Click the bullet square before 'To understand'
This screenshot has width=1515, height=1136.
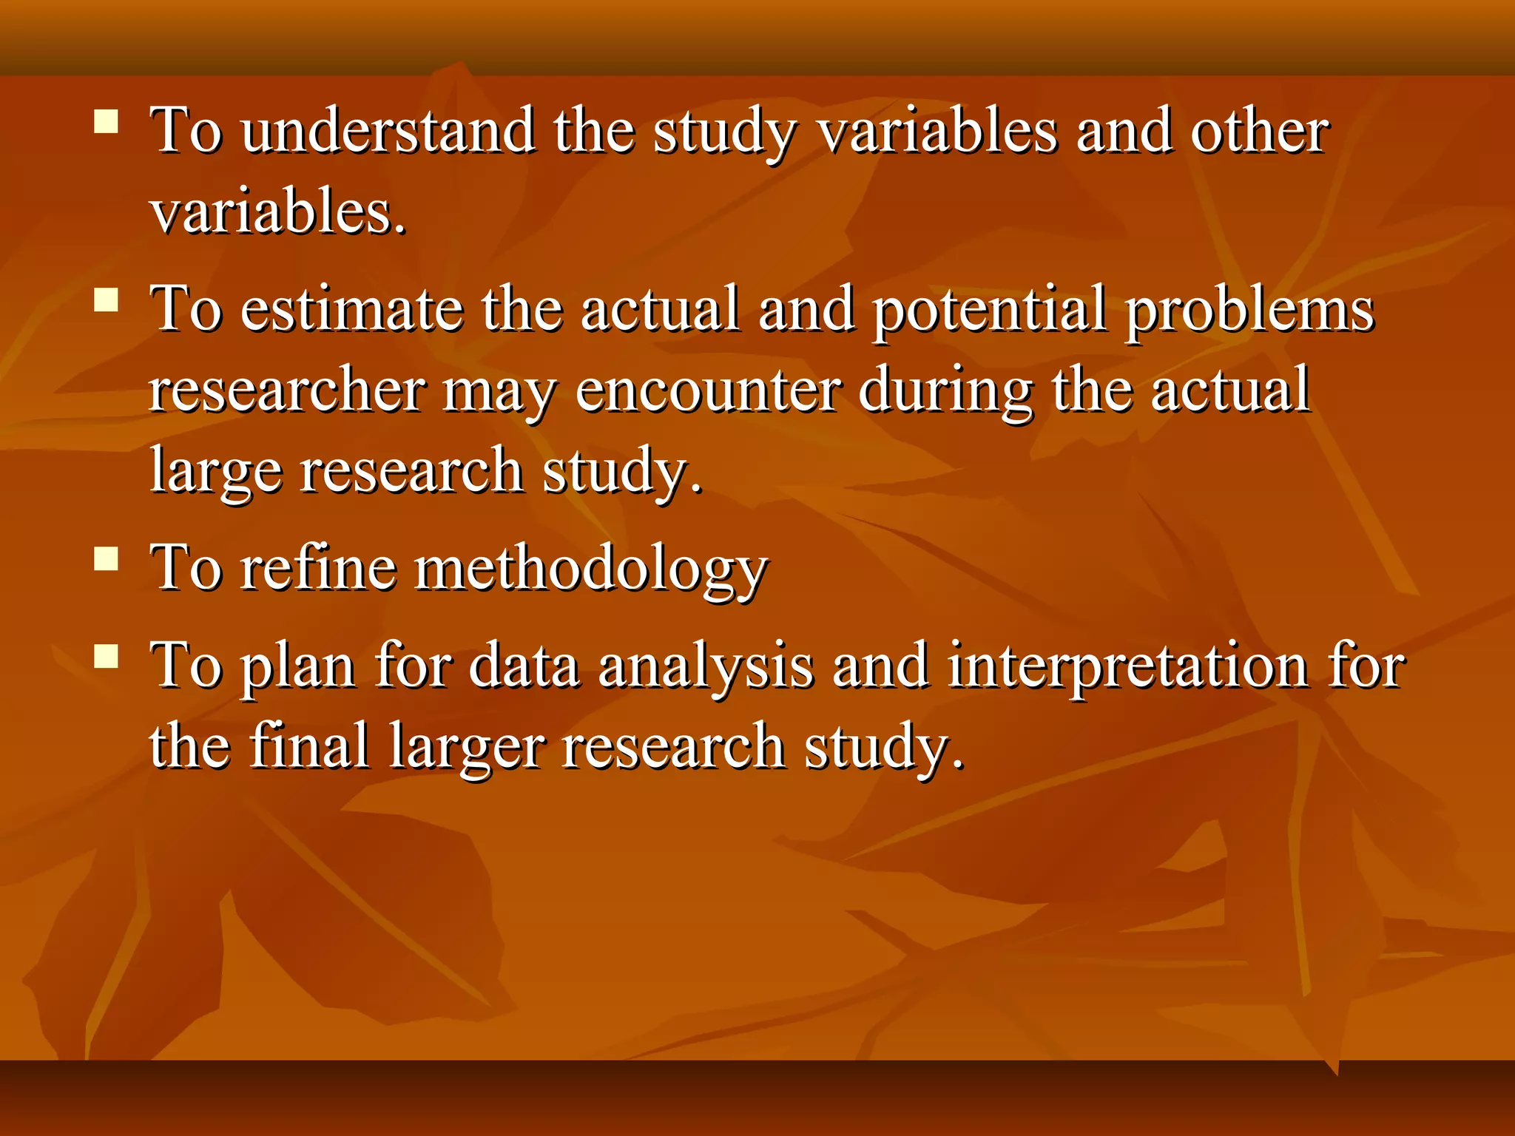107,121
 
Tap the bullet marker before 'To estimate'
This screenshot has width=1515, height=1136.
107,300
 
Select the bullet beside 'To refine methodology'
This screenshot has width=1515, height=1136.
107,558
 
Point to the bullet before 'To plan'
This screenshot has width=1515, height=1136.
107,656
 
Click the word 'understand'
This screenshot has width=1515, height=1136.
388,132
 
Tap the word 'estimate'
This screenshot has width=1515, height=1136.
351,309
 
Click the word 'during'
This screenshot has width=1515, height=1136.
945,392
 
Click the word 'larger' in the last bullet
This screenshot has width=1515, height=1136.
466,748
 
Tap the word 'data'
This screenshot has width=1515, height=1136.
524,666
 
